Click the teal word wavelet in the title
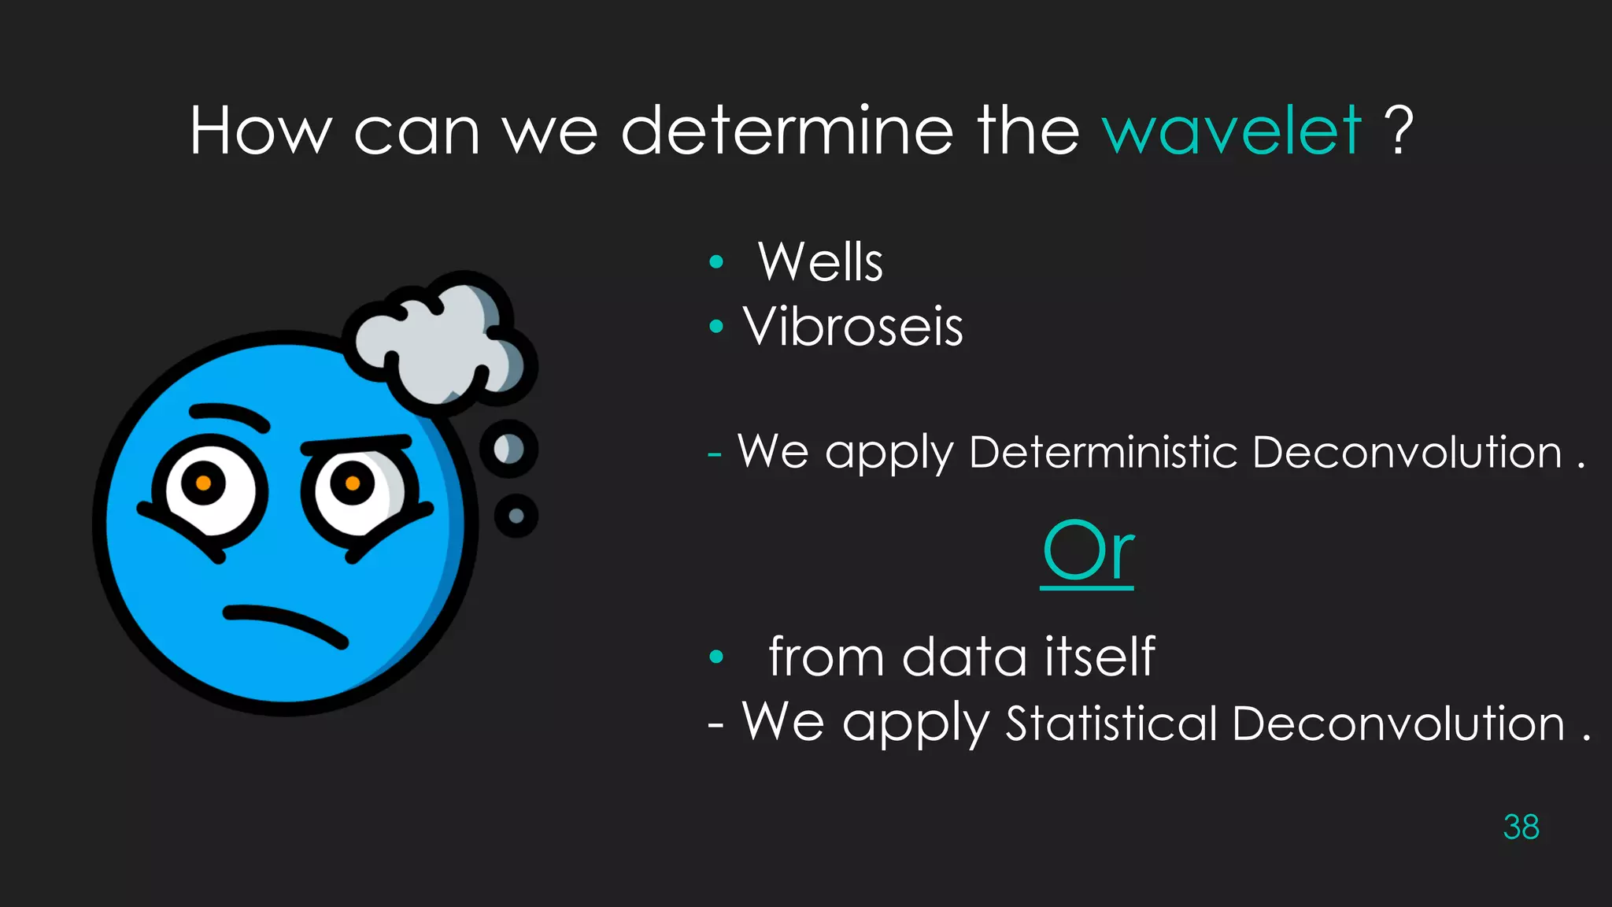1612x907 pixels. (x=1232, y=131)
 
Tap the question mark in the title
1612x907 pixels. (x=1399, y=131)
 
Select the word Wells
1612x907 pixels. (x=820, y=262)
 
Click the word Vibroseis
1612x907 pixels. (x=853, y=327)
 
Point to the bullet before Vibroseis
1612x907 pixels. (x=715, y=327)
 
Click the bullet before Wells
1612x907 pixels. (x=715, y=262)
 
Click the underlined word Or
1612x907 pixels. (x=1088, y=551)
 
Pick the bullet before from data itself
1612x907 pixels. (x=715, y=657)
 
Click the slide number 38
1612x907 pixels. (x=1521, y=827)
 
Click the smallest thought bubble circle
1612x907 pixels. (x=516, y=516)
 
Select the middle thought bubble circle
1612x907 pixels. (x=508, y=450)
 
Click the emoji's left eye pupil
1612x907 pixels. (x=203, y=483)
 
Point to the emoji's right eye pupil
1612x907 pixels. (x=352, y=483)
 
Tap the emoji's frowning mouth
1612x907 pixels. (x=285, y=624)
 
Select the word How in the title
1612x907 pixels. (x=261, y=131)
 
